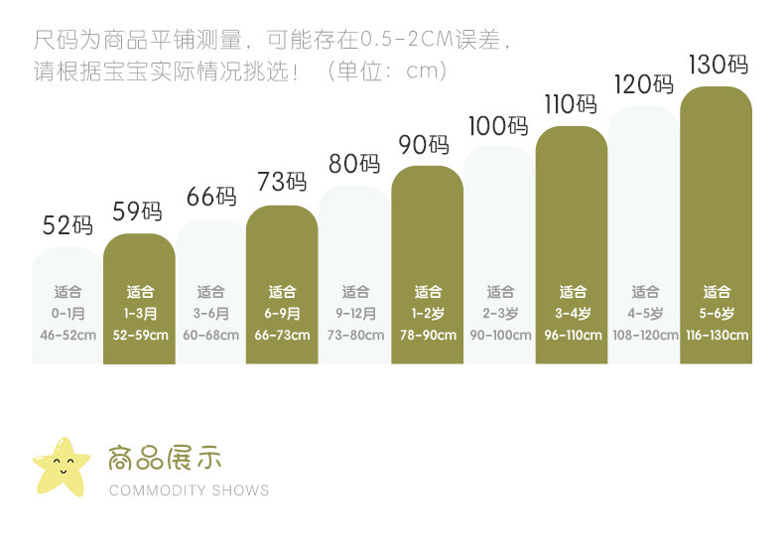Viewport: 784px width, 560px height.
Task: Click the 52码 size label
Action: pos(67,225)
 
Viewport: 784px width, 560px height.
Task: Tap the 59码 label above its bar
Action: pos(138,211)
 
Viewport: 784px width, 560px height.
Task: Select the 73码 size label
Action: pos(282,182)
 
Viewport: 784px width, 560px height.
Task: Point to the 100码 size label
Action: pos(498,126)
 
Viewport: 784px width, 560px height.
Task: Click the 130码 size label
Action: pos(718,66)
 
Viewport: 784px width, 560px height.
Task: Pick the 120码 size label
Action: pos(644,85)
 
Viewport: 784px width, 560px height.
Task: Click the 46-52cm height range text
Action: pos(67,335)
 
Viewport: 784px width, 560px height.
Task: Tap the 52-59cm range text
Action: pos(140,335)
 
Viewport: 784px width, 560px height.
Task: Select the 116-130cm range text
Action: pos(717,335)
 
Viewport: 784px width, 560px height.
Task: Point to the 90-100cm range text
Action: pos(500,335)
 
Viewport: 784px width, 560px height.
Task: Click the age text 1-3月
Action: pos(140,313)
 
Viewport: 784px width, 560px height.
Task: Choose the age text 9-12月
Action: pos(355,313)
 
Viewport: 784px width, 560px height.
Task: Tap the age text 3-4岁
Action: pos(572,313)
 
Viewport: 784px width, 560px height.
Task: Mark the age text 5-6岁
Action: pos(717,313)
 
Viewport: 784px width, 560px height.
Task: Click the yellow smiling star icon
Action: pos(61,466)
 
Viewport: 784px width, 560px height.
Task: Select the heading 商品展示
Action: pos(165,458)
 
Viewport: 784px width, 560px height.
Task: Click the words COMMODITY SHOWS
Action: pos(189,490)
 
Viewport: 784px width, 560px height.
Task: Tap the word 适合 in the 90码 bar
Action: pos(428,292)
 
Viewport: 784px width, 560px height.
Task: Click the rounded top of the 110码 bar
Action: pos(572,139)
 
